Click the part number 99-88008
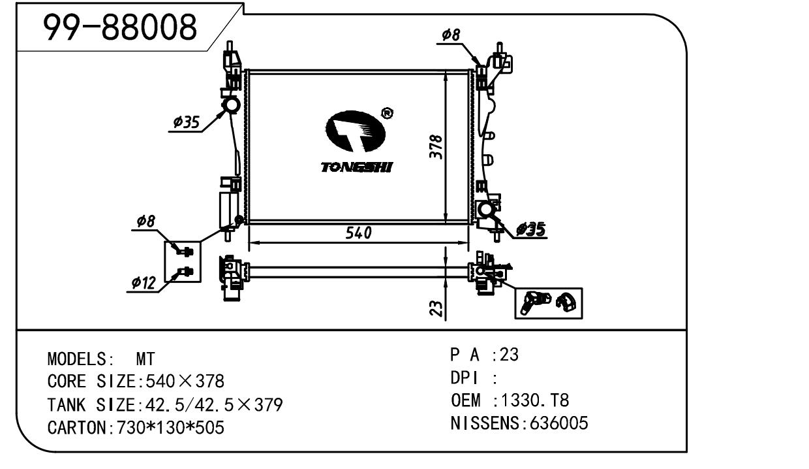119,28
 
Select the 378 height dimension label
438,148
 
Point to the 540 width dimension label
359,233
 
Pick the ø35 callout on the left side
186,122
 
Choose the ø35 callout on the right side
530,229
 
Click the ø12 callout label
143,283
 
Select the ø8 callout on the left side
145,222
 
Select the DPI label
465,378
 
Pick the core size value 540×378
184,381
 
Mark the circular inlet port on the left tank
230,105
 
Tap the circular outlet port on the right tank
486,210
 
